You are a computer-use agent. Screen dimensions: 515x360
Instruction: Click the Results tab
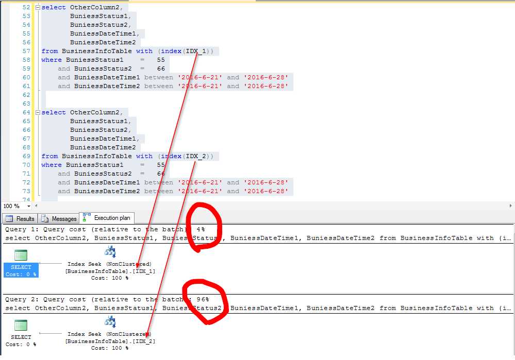[20, 218]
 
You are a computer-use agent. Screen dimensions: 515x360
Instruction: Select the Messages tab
[59, 218]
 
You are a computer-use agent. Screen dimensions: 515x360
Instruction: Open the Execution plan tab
[107, 218]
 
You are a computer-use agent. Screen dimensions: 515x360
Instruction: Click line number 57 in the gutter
[26, 51]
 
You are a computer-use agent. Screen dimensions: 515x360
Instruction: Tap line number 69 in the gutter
[26, 156]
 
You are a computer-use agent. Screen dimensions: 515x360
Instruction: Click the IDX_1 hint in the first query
[196, 51]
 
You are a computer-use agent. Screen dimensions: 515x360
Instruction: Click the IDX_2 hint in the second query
[196, 156]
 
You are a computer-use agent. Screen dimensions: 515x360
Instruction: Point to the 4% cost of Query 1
[201, 229]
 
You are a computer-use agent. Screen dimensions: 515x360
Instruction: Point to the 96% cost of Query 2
[203, 299]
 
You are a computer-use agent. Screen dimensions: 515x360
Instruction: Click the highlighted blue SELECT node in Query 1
[21, 270]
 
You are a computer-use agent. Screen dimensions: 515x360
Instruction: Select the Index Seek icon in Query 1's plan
[110, 252]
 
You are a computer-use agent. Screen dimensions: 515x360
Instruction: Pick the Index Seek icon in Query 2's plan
[110, 322]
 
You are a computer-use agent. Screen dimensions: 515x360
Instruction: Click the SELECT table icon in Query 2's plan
[21, 325]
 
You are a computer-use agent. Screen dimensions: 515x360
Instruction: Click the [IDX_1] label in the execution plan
[144, 271]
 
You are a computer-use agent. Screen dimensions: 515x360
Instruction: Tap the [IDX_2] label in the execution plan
[144, 341]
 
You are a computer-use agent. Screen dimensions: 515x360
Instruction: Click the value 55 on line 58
[161, 60]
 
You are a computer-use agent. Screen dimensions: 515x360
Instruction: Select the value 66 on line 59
[161, 68]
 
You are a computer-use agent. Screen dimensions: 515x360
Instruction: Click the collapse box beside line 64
[38, 113]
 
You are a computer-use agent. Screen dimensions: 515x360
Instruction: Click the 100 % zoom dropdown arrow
[28, 206]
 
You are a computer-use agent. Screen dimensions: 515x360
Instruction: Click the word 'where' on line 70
[51, 165]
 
